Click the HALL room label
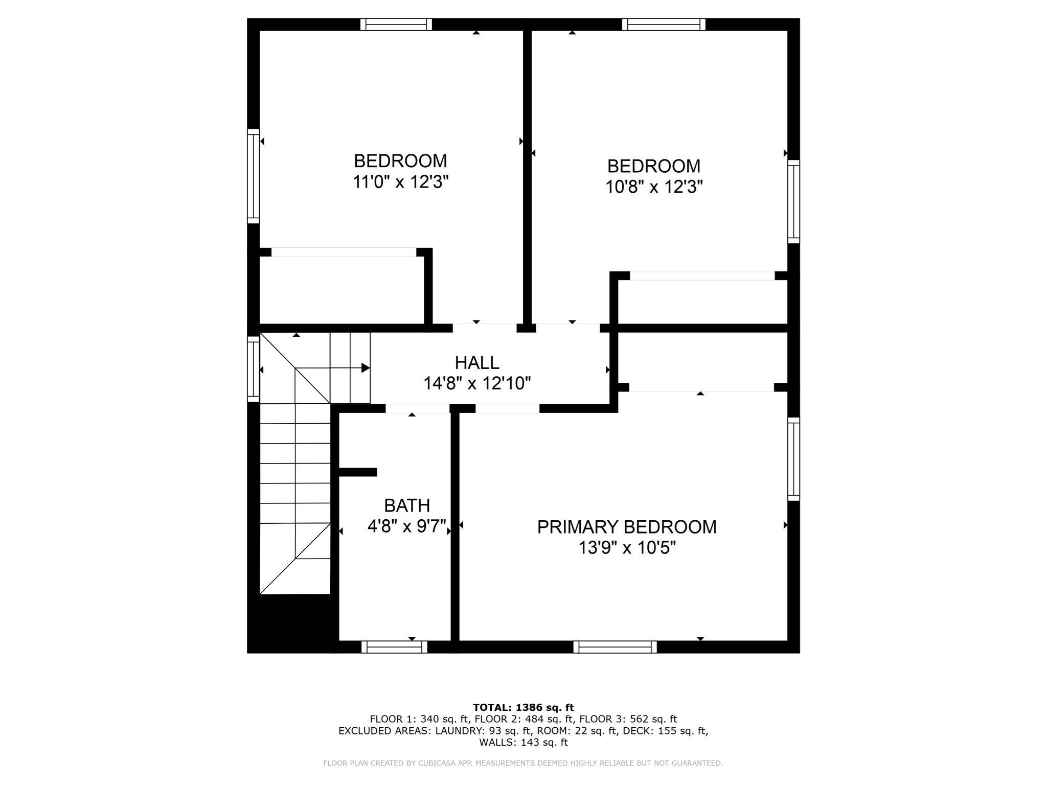coord(476,362)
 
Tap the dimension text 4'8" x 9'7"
coord(407,526)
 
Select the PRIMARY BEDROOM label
coord(626,527)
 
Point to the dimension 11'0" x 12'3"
coord(400,182)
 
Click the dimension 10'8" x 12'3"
coord(654,187)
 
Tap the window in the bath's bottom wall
coord(394,647)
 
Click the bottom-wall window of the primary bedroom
coord(615,647)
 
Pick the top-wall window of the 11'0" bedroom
coord(396,25)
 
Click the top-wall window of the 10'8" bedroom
coord(664,25)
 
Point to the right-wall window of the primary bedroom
coord(793,458)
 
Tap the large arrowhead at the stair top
coord(365,368)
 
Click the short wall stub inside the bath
coord(358,472)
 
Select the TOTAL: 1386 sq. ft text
coord(523,707)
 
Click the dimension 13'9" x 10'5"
coord(627,548)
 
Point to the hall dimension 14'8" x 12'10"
coord(476,383)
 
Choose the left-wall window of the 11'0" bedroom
coord(254,176)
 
